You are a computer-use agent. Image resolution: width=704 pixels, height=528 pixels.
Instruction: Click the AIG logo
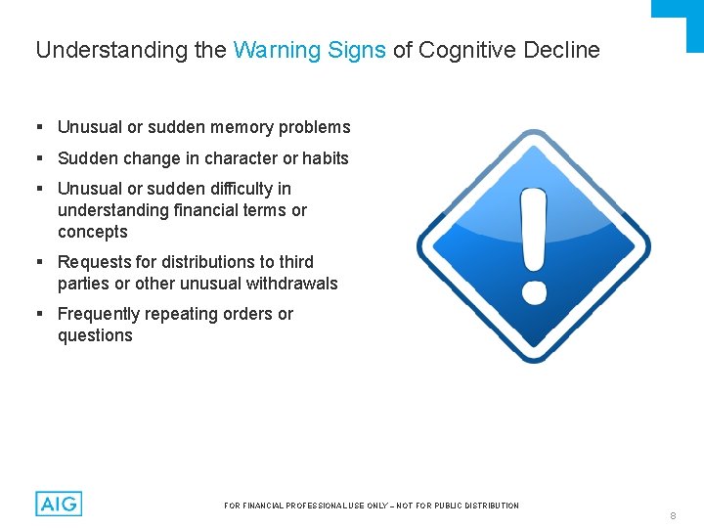point(59,504)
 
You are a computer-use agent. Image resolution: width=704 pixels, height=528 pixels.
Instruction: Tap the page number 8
point(673,515)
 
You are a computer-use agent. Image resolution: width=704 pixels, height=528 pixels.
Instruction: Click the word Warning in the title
point(270,50)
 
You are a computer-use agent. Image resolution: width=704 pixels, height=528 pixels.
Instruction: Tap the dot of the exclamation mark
point(534,291)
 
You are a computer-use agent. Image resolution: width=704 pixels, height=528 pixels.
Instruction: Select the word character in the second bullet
point(242,158)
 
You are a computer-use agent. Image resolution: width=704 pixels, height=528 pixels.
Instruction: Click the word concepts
point(93,232)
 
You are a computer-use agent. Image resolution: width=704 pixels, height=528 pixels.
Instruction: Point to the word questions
point(95,335)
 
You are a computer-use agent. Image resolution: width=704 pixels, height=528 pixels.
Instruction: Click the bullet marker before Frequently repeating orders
point(39,315)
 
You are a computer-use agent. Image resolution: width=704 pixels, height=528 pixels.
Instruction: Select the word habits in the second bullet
point(326,158)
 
